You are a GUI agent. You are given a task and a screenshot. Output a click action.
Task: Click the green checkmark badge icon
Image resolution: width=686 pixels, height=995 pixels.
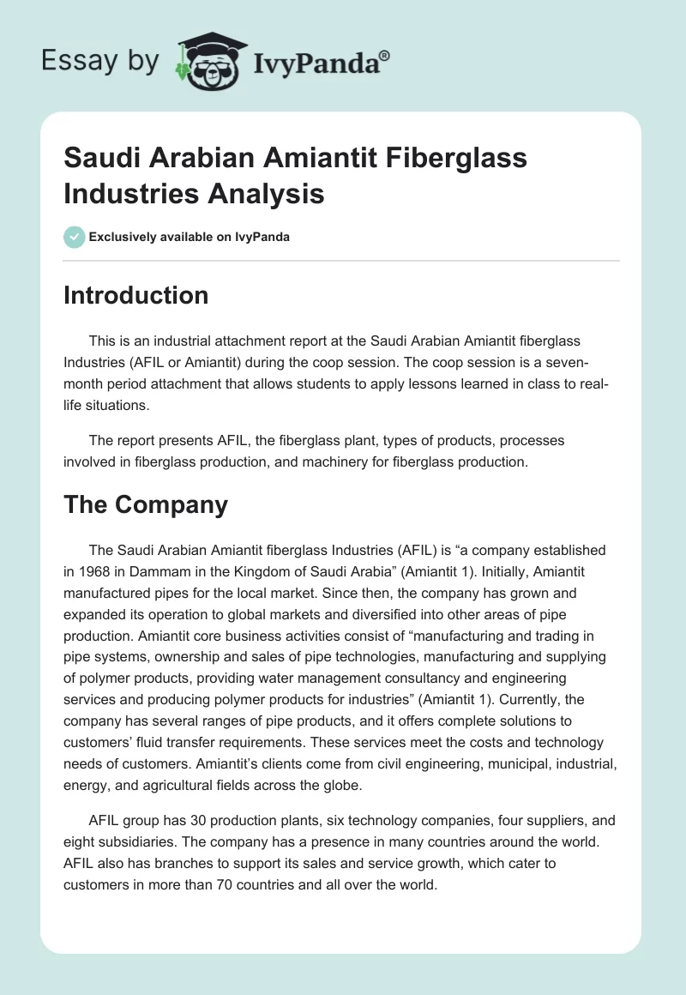tap(74, 237)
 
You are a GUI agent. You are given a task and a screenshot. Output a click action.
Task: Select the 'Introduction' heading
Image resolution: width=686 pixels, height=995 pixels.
tap(136, 295)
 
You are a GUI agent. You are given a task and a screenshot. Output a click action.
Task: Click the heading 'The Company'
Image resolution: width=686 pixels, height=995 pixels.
tap(146, 504)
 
